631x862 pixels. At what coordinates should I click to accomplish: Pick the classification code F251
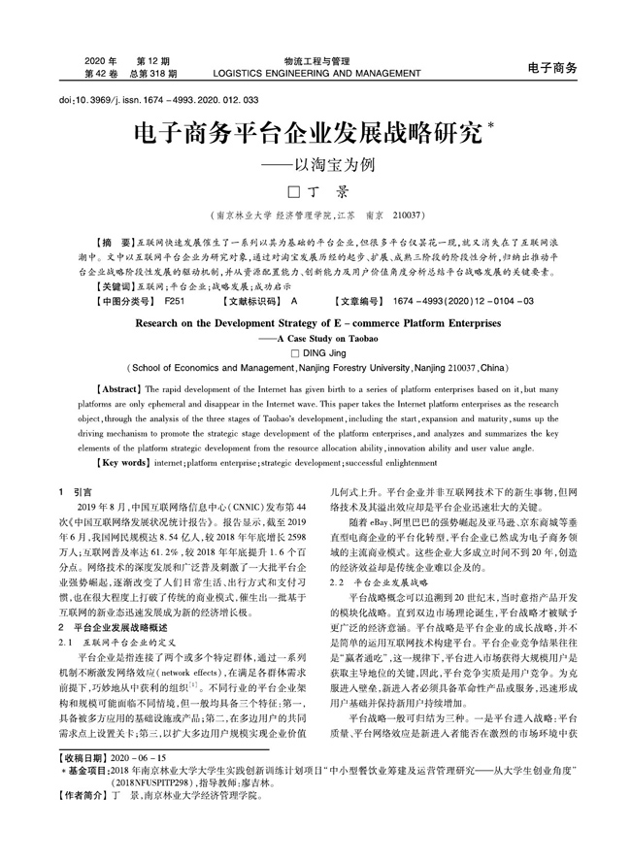[x=175, y=301]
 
